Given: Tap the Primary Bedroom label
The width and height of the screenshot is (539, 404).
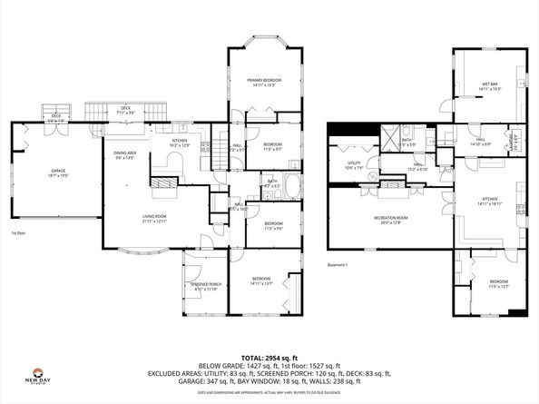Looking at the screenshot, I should (260, 84).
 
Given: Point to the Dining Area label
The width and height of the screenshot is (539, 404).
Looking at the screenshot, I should (124, 154).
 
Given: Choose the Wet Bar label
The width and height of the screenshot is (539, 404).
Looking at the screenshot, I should (490, 87).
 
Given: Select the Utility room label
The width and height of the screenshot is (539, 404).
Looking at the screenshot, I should (354, 164).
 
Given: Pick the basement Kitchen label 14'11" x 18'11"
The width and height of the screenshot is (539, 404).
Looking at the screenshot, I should (490, 201).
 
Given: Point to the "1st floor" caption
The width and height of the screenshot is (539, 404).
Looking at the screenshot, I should (17, 232).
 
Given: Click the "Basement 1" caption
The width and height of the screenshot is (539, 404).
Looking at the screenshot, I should (338, 265).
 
